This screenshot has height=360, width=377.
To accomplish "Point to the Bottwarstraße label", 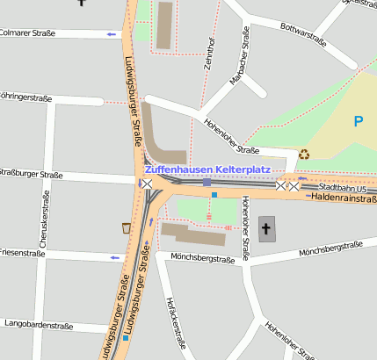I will [x=303, y=34].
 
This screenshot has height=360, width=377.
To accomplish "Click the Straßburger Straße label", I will [x=31, y=175].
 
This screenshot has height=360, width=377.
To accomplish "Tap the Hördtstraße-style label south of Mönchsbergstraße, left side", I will [x=176, y=323].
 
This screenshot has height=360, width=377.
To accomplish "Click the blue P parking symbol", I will [x=359, y=121].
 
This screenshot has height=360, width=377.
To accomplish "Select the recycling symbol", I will [x=304, y=154].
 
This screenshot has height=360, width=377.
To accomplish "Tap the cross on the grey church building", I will [x=266, y=229].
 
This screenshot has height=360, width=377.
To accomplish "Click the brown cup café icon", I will [x=127, y=228].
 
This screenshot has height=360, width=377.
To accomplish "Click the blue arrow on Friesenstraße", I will [x=114, y=257].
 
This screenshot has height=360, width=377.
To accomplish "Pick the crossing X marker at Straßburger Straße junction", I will [x=147, y=183].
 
